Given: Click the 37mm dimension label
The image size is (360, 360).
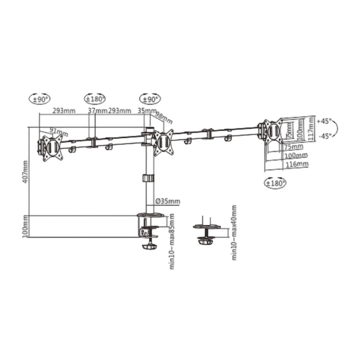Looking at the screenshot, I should (97, 111).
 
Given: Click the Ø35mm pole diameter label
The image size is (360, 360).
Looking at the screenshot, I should (167, 201).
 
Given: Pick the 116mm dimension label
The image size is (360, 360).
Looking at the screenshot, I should (296, 164).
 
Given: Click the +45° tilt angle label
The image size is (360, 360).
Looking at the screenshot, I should (325, 120).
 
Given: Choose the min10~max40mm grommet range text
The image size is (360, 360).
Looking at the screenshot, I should (234, 232).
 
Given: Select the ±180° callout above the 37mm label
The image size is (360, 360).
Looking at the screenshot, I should (95, 99).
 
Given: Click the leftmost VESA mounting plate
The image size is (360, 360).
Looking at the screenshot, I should (51, 147).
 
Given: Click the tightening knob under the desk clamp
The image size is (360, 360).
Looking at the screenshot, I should (148, 244).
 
